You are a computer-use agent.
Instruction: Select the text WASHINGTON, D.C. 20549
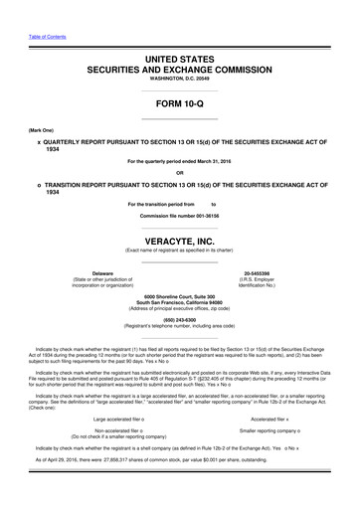point(179,79)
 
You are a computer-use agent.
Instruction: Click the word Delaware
point(101,271)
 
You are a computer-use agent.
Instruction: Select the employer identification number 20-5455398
point(262,271)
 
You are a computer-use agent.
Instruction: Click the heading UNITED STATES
point(179,60)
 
